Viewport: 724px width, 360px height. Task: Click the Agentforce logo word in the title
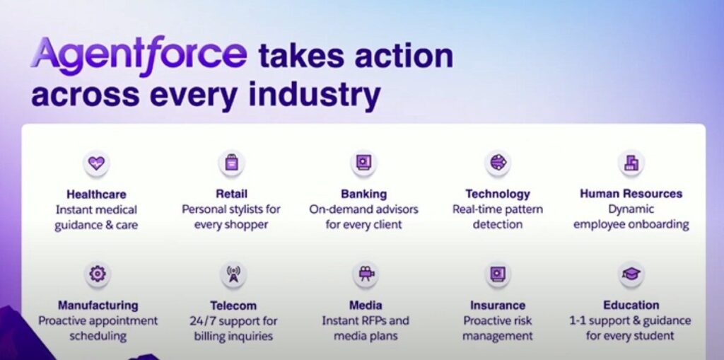point(139,56)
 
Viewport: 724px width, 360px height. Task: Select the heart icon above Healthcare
point(96,163)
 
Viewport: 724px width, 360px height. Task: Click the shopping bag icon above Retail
point(231,163)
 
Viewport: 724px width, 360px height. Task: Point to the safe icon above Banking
point(363,163)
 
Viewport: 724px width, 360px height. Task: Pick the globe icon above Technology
point(498,163)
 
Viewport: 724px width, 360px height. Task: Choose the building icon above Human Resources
point(631,163)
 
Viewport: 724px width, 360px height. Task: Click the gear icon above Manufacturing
point(98,274)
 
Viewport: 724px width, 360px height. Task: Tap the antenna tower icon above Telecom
point(233,274)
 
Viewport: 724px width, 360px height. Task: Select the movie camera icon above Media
point(366,274)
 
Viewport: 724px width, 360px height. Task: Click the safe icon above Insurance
point(498,274)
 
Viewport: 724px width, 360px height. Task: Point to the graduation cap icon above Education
point(631,274)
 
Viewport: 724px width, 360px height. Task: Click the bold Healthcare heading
point(96,194)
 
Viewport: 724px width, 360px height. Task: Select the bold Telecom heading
point(233,306)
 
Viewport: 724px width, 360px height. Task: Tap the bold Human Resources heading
point(631,194)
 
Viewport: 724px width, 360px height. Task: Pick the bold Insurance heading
point(498,306)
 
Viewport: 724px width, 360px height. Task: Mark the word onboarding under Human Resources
point(661,225)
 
